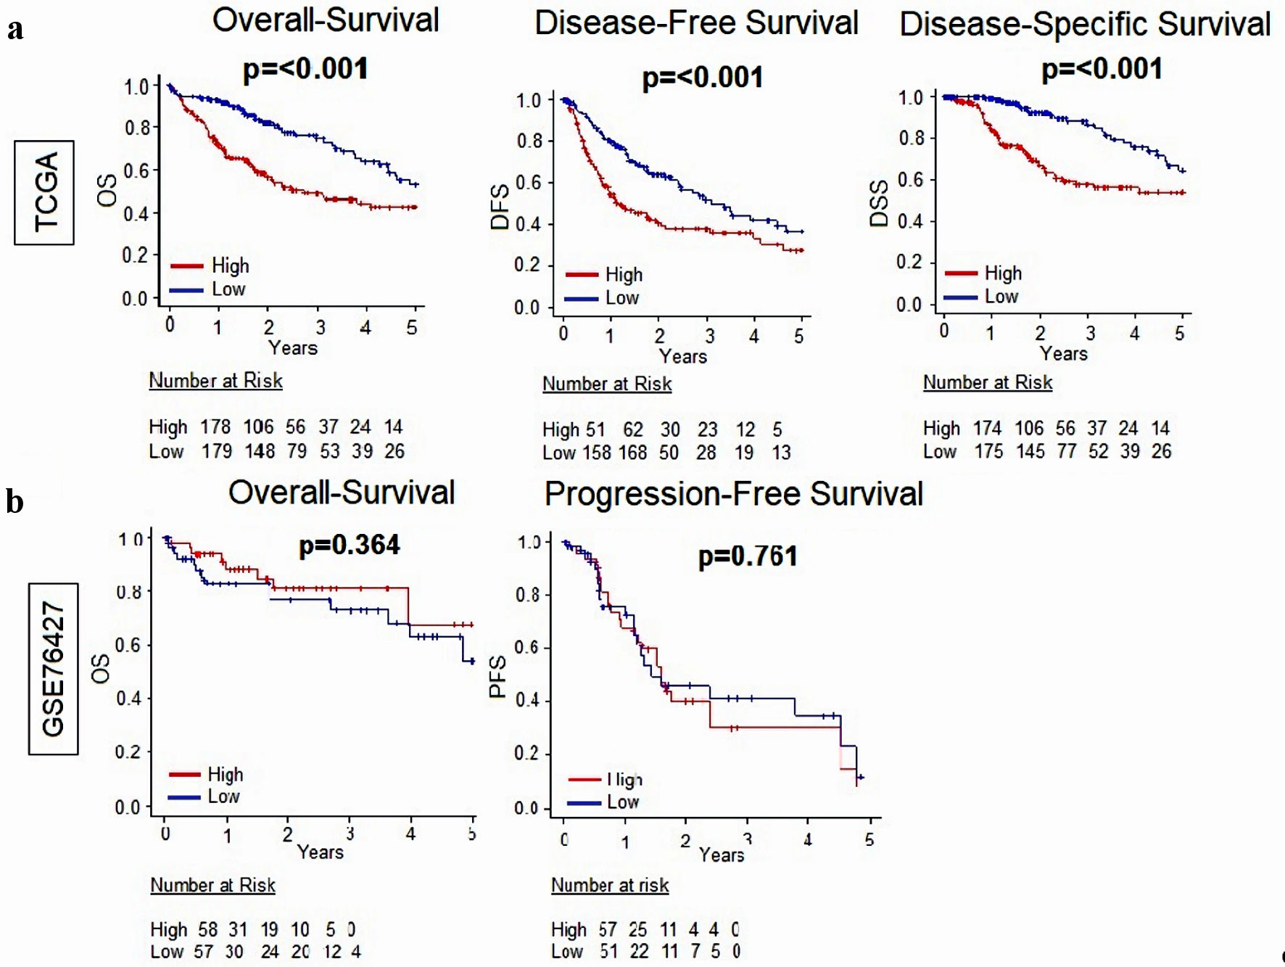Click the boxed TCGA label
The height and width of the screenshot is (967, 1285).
[45, 192]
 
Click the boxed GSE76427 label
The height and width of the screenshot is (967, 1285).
[54, 669]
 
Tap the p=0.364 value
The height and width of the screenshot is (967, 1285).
[350, 545]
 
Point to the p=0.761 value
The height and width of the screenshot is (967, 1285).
[748, 556]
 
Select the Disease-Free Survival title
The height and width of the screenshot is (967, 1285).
[696, 22]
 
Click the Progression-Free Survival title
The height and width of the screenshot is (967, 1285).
[733, 494]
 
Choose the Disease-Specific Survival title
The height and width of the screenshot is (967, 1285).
[1085, 24]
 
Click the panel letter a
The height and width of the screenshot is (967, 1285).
[15, 29]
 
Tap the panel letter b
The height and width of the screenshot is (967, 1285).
[15, 501]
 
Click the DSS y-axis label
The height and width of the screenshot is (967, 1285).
[879, 204]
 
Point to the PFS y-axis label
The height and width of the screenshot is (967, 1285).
[497, 676]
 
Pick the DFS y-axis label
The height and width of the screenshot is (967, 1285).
[500, 207]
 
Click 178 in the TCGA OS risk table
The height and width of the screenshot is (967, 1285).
[215, 427]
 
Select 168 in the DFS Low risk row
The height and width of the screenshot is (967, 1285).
[632, 453]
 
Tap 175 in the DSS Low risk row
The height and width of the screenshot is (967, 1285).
[988, 451]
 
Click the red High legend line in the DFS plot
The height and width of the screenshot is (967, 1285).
[582, 275]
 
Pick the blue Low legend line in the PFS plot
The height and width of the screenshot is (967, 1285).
[584, 803]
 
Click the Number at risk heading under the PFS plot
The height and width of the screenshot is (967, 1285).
[610, 885]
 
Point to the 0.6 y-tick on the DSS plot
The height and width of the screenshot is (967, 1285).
[910, 179]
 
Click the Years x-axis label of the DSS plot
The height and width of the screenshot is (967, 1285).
[1063, 354]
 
